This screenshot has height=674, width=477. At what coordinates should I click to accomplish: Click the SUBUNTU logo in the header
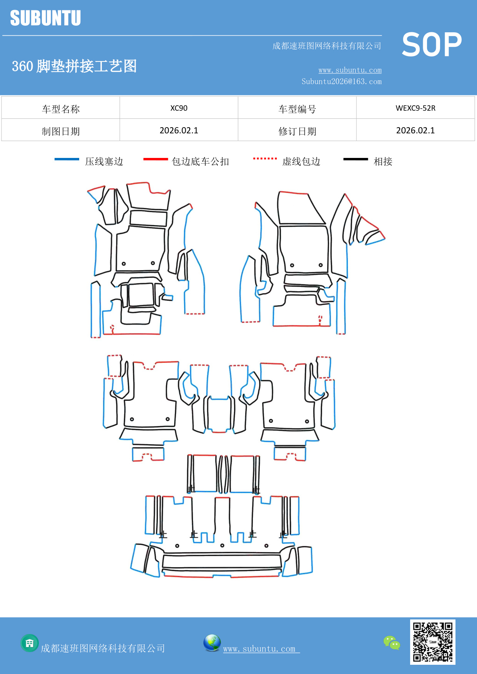tap(45, 18)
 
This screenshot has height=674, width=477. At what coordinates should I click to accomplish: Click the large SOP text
tap(432, 45)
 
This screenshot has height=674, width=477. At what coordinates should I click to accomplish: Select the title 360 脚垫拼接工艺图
tap(74, 66)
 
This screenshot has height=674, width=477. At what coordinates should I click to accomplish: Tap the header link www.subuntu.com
tap(350, 70)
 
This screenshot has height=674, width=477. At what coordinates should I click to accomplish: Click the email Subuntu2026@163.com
tap(341, 81)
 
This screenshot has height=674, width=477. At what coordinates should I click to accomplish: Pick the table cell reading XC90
tap(179, 108)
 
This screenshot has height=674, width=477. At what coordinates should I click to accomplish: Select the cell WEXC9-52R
tap(416, 108)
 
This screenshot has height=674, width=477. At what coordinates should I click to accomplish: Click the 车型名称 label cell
tap(61, 109)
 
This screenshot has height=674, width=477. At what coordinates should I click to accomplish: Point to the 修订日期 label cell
tap(297, 131)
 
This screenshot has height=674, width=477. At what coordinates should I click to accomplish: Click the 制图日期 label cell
tap(61, 131)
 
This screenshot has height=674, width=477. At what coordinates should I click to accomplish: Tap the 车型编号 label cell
tap(297, 109)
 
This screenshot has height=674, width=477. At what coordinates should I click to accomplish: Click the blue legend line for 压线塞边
tap(66, 159)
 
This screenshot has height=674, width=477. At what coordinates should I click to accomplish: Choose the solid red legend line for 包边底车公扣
tap(155, 159)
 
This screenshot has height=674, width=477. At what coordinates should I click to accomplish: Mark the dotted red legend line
tap(265, 158)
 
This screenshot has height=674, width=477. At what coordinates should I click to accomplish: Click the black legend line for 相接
tap(356, 159)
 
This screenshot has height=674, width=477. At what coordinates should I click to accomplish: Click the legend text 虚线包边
tap(301, 161)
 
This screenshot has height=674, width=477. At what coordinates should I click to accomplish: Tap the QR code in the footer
tap(432, 642)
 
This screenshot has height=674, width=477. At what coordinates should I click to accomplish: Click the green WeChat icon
tap(392, 642)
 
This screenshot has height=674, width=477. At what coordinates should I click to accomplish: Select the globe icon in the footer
tap(212, 643)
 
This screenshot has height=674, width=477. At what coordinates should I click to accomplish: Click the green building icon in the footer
tap(30, 643)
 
